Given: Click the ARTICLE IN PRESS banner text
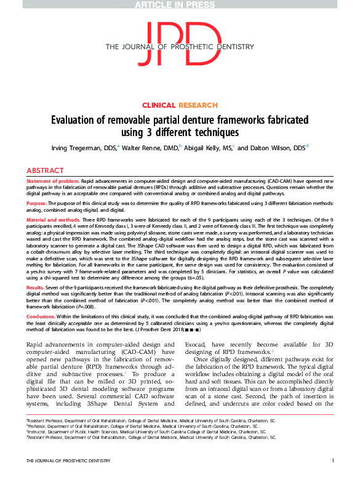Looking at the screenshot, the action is click(180, 4).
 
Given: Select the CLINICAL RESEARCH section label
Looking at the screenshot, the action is click(180, 105).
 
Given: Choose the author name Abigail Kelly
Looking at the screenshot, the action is click(209, 148).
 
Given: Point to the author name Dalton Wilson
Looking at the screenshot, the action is click(279, 148).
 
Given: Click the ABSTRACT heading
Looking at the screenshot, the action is click(45, 170).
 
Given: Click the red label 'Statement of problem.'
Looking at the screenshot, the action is click(53, 182).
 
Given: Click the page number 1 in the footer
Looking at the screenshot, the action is click(332, 478).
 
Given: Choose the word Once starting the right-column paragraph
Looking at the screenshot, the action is click(204, 358).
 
